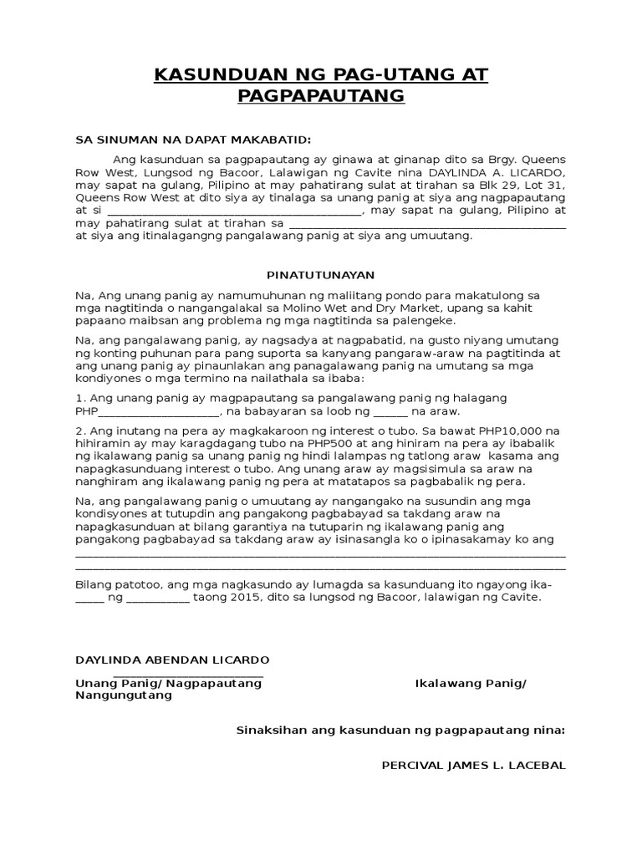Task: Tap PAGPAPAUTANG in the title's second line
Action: (x=321, y=96)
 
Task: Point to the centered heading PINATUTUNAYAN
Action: (x=321, y=275)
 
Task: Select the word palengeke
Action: (x=425, y=321)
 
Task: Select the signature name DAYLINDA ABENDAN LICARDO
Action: (x=173, y=660)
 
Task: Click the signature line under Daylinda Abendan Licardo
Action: (x=188, y=675)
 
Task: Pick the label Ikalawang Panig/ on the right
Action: (x=471, y=684)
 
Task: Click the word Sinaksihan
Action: (x=272, y=730)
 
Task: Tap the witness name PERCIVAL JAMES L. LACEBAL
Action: (x=473, y=766)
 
